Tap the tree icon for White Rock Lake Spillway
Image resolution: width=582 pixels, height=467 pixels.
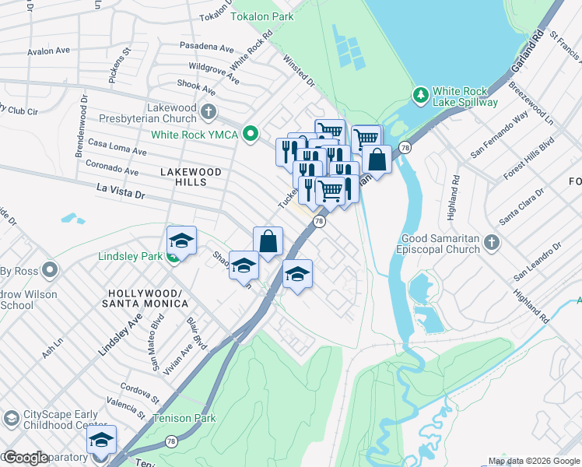click(421, 94)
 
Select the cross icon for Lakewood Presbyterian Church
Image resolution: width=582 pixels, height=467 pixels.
click(208, 112)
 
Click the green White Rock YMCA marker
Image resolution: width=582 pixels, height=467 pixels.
click(250, 134)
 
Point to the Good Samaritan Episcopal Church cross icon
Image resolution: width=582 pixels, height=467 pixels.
click(491, 244)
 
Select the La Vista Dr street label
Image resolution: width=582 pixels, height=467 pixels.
click(121, 189)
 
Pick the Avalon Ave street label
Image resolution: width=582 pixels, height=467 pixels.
click(49, 53)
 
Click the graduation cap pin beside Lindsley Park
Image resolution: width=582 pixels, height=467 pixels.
click(181, 241)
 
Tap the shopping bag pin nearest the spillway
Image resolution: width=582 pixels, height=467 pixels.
click(377, 160)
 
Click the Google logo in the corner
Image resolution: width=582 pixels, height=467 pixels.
click(26, 458)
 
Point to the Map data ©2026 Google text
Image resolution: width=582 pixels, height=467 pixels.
click(534, 461)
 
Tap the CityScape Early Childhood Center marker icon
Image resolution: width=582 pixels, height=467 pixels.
click(11, 418)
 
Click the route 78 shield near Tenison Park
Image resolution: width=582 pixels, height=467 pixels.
click(170, 441)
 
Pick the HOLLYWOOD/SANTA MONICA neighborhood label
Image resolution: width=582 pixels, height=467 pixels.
click(145, 299)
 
